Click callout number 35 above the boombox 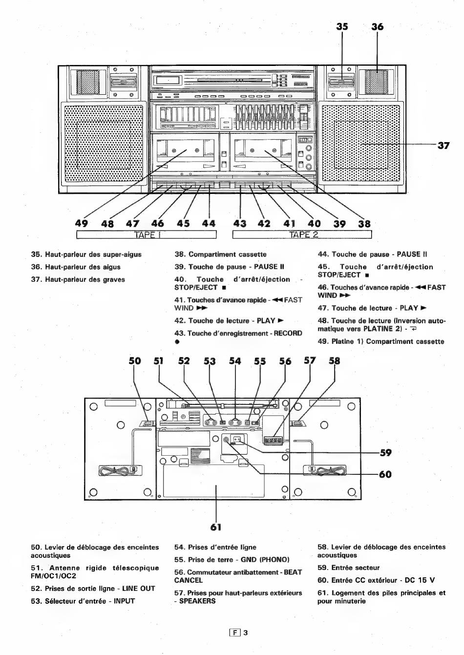(342, 26)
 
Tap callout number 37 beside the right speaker (443, 146)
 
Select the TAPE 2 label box (302, 234)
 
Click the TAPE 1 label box (147, 234)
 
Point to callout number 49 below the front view (81, 223)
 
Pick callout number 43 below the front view (240, 224)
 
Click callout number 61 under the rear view (216, 527)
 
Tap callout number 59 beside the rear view (386, 453)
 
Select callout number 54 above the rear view (235, 361)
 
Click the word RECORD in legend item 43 (288, 333)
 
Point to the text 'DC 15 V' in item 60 (420, 580)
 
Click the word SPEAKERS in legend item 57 (197, 601)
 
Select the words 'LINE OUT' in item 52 (139, 589)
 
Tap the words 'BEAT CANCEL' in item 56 (238, 576)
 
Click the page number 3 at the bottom (246, 633)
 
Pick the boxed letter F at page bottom (235, 633)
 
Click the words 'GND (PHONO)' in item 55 (265, 560)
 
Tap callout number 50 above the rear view (135, 361)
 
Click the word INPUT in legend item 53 (124, 601)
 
